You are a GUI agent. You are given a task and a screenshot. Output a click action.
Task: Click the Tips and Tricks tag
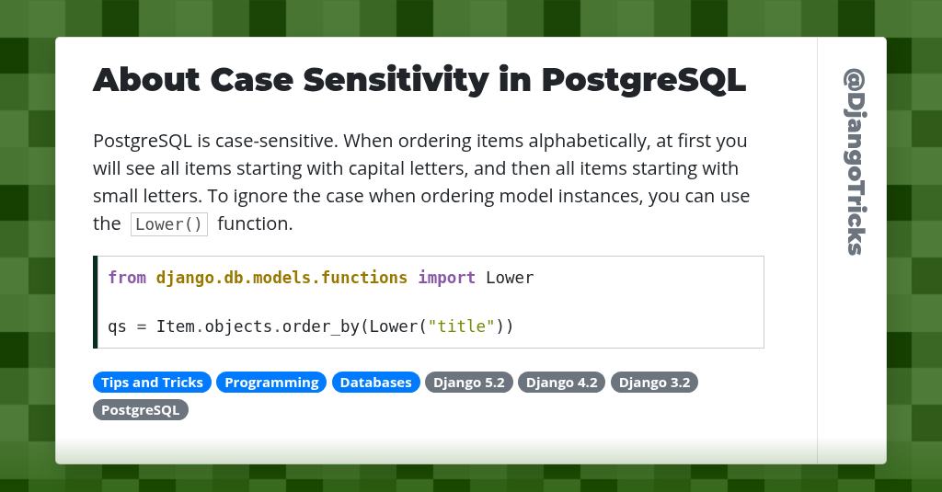tap(152, 383)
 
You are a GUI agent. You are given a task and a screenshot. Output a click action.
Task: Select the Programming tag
tap(271, 383)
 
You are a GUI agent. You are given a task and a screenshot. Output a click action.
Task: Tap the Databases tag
tap(376, 383)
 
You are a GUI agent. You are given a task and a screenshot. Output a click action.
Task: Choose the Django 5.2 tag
tap(469, 383)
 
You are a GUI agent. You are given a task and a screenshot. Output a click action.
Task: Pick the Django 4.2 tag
tap(562, 383)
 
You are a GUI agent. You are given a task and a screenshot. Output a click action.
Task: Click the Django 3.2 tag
tap(654, 383)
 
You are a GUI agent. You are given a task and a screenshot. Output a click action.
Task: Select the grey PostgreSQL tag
tap(140, 409)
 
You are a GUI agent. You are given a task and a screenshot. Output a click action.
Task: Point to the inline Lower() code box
tap(169, 224)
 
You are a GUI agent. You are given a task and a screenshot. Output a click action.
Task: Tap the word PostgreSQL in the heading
tap(643, 80)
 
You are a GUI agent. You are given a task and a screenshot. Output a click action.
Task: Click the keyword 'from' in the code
tap(127, 278)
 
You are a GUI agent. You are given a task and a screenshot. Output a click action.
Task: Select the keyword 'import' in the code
tap(447, 278)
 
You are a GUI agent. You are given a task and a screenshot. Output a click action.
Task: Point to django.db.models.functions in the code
tap(281, 278)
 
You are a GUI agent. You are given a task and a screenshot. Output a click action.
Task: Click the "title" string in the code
tap(462, 326)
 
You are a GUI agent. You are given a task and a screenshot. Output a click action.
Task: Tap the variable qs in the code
tap(117, 326)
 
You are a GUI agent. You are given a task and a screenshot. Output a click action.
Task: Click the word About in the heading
tap(146, 80)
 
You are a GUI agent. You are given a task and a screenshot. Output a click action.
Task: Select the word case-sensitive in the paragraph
tap(281, 142)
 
